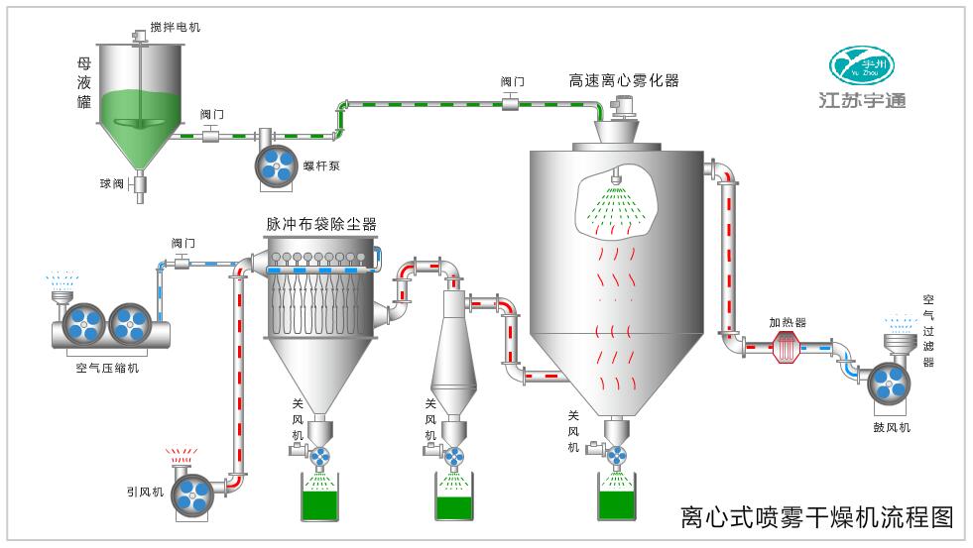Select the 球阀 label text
111,183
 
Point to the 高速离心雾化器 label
623,80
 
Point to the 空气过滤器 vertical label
928,330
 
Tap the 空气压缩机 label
107,368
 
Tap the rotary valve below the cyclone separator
453,456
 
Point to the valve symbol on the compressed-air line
182,262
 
